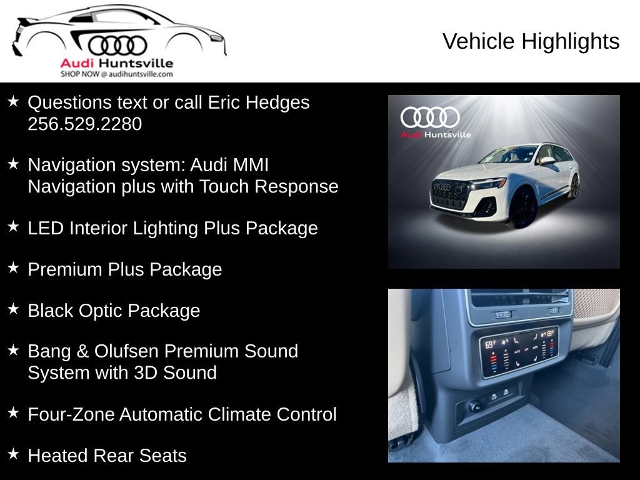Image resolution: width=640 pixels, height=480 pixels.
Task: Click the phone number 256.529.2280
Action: [84, 124]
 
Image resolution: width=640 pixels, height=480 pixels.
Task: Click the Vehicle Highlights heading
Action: [531, 42]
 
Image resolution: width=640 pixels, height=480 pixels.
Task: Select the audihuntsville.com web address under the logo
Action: [137, 74]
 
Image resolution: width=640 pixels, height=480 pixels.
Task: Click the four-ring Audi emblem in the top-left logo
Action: [117, 46]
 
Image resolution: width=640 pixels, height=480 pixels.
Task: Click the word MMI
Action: [247, 165]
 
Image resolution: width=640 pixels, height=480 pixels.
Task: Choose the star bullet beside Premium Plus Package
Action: [13, 268]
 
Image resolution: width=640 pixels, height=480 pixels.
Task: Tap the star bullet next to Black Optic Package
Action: [13, 309]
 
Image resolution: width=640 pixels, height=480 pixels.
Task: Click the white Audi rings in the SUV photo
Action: [429, 117]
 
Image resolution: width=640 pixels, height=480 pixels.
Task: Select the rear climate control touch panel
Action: [518, 351]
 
